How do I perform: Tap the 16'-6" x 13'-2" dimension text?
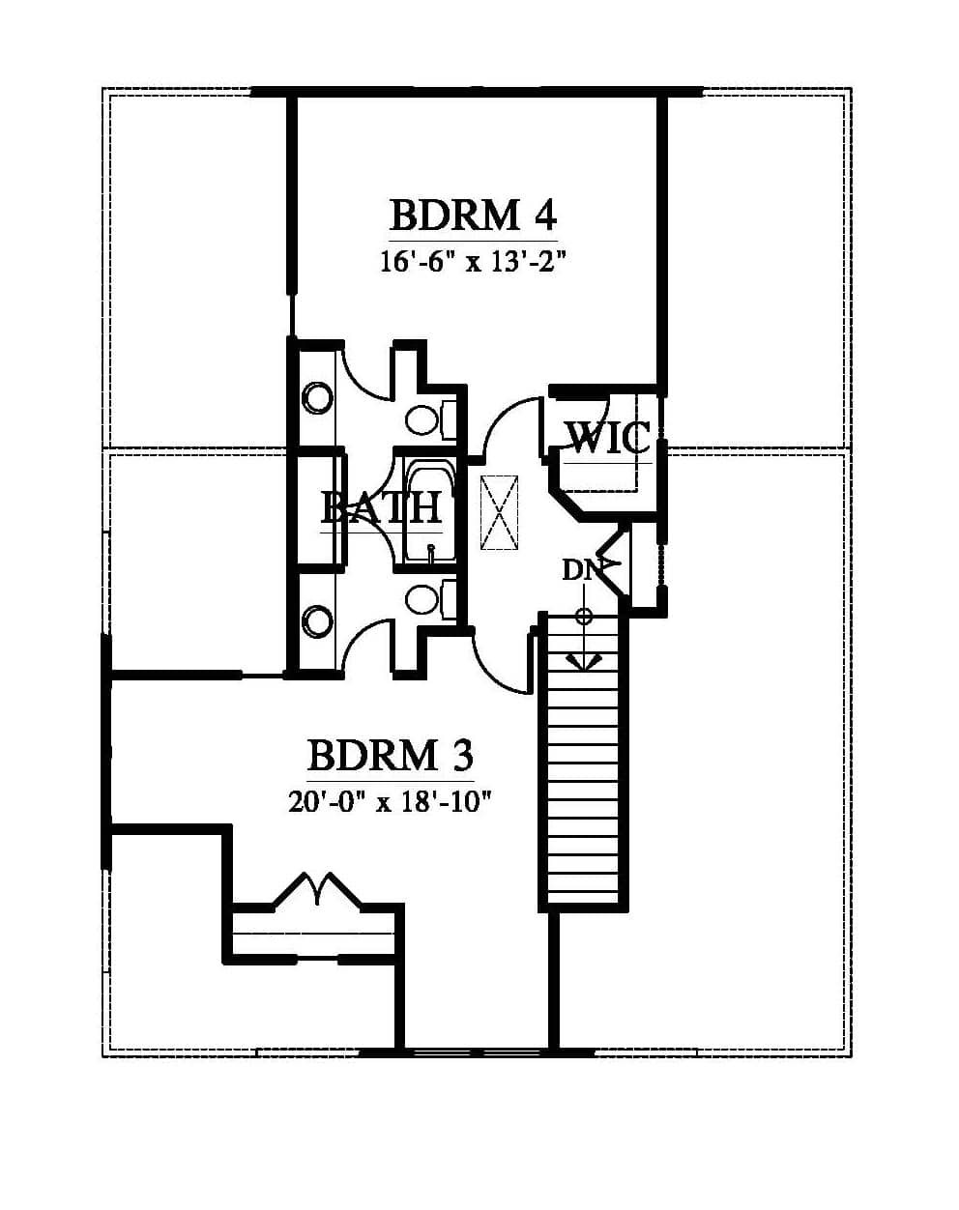[x=473, y=262]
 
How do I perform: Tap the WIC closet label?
[x=609, y=438]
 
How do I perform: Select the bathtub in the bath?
[x=432, y=512]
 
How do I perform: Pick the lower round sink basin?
[x=318, y=621]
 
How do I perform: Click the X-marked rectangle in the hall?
[x=499, y=512]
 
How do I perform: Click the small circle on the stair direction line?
[x=585, y=617]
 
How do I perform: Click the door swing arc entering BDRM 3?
[x=495, y=666]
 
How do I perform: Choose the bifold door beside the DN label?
[x=612, y=562]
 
